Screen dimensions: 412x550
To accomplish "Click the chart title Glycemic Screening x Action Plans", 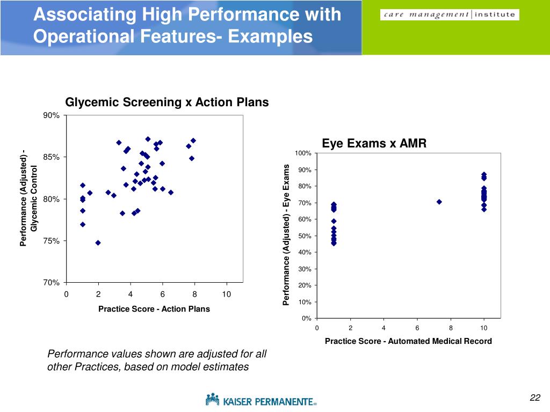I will tap(167, 102).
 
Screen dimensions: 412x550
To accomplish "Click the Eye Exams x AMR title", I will tap(374, 143).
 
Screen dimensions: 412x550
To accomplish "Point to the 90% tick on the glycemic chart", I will tap(52, 115).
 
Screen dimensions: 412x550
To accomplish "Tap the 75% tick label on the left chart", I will tap(52, 241).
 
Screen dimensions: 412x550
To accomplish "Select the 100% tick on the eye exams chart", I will tap(302, 154).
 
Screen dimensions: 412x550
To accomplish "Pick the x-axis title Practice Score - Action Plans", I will tap(154, 309).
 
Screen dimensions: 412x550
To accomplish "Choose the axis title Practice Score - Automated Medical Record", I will tap(408, 341).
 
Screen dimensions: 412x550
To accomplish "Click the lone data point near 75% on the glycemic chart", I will tap(98, 242).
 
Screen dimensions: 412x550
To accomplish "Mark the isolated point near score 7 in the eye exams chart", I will tap(439, 202).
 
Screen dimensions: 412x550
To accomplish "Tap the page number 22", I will tap(534, 398).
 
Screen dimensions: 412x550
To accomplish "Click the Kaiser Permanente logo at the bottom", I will tap(261, 400).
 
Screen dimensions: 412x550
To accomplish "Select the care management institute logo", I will tap(450, 15).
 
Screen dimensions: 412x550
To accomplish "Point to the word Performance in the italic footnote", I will tap(74, 354).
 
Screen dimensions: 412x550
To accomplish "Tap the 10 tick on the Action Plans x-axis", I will tap(227, 294).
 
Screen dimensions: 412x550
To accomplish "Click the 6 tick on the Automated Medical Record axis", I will tap(417, 328).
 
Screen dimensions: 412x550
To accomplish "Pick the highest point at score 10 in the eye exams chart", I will tap(484, 175).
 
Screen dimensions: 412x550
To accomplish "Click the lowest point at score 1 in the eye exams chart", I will tap(334, 243).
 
